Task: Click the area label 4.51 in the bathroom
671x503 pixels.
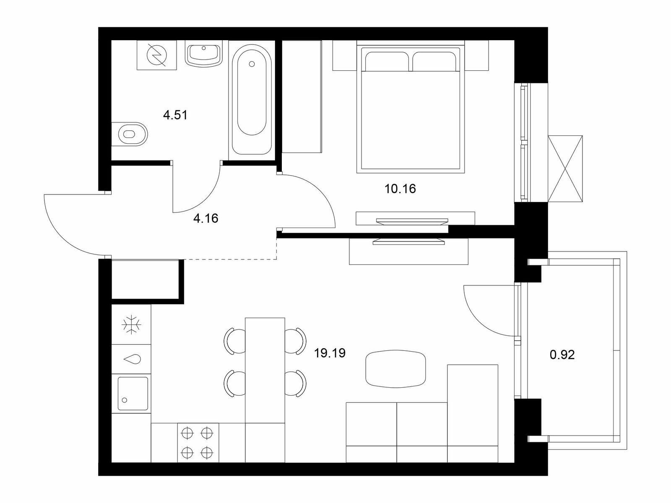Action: tap(175, 115)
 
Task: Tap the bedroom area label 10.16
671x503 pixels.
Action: tap(400, 189)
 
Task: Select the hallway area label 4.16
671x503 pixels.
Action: tap(206, 218)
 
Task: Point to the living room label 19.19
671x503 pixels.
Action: tap(330, 353)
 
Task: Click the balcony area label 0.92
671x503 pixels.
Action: tap(562, 355)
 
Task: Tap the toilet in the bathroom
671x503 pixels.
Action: tap(130, 134)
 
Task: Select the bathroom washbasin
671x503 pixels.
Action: tap(203, 55)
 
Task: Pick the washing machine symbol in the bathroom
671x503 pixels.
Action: tap(156, 55)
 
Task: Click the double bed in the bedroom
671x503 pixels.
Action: tap(411, 109)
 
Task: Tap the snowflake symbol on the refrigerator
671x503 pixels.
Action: tap(131, 324)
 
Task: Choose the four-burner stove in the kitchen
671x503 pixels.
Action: tap(198, 443)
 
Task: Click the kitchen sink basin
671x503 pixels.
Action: tap(133, 393)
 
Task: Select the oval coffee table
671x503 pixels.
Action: tap(395, 368)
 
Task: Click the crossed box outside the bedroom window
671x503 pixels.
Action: tap(565, 169)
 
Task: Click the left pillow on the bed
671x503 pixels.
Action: tap(387, 61)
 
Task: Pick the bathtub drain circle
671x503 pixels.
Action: tap(252, 64)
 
